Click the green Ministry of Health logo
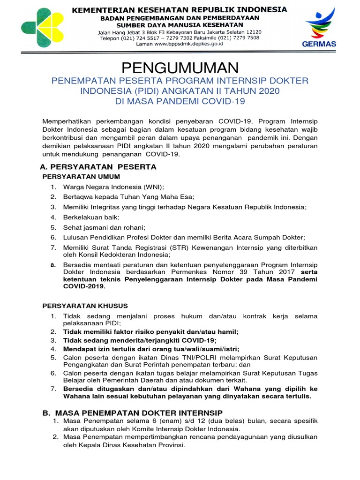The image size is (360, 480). (x=43, y=27)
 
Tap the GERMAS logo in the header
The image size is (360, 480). (x=320, y=28)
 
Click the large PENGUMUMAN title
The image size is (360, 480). (x=180, y=67)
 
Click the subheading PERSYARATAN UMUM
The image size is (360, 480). (x=81, y=177)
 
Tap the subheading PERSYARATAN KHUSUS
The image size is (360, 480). (x=85, y=306)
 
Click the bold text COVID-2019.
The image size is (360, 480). (x=84, y=286)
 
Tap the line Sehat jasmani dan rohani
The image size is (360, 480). (x=104, y=227)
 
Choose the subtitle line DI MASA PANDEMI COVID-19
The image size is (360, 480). (x=180, y=101)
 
